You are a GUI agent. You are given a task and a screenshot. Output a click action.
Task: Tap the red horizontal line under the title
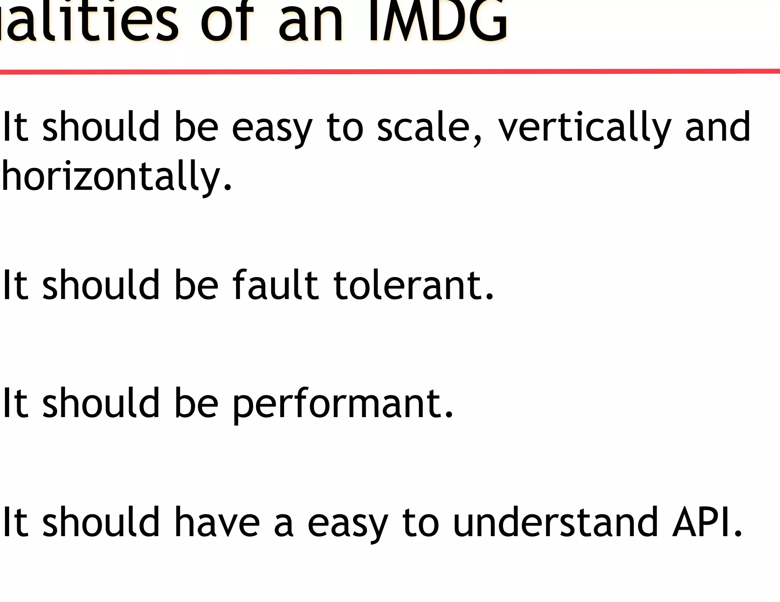point(390,71)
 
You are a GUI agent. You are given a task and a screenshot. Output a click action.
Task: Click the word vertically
point(584,127)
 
